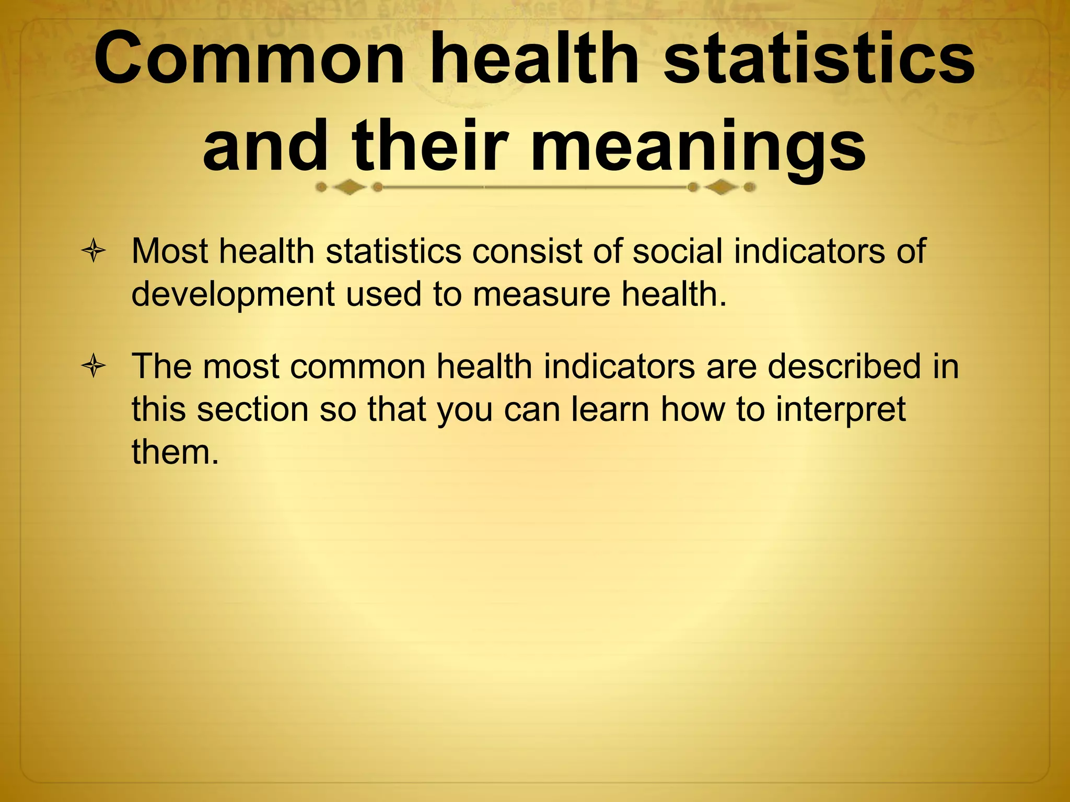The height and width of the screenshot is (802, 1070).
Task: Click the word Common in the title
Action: [249, 58]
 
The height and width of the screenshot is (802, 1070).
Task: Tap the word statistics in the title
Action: [818, 58]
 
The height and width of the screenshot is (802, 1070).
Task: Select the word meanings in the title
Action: [698, 146]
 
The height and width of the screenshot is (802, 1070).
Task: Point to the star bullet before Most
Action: [94, 252]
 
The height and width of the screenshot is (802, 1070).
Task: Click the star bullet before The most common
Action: [94, 367]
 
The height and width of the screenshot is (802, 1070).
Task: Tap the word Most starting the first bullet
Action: [169, 251]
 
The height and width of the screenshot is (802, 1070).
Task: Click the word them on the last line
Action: [175, 452]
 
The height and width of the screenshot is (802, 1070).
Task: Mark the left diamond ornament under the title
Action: [349, 187]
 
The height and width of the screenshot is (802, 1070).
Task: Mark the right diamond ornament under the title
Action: [721, 187]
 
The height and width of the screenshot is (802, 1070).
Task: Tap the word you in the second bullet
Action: [465, 410]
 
